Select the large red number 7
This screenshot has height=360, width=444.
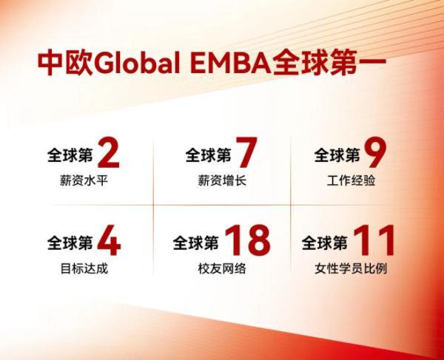pyautogui.click(x=246, y=154)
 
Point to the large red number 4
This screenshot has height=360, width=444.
pyautogui.click(x=109, y=242)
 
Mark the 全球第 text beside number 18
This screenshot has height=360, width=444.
pyautogui.click(x=196, y=242)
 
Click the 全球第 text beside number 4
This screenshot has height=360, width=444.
pyautogui.click(x=70, y=242)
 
